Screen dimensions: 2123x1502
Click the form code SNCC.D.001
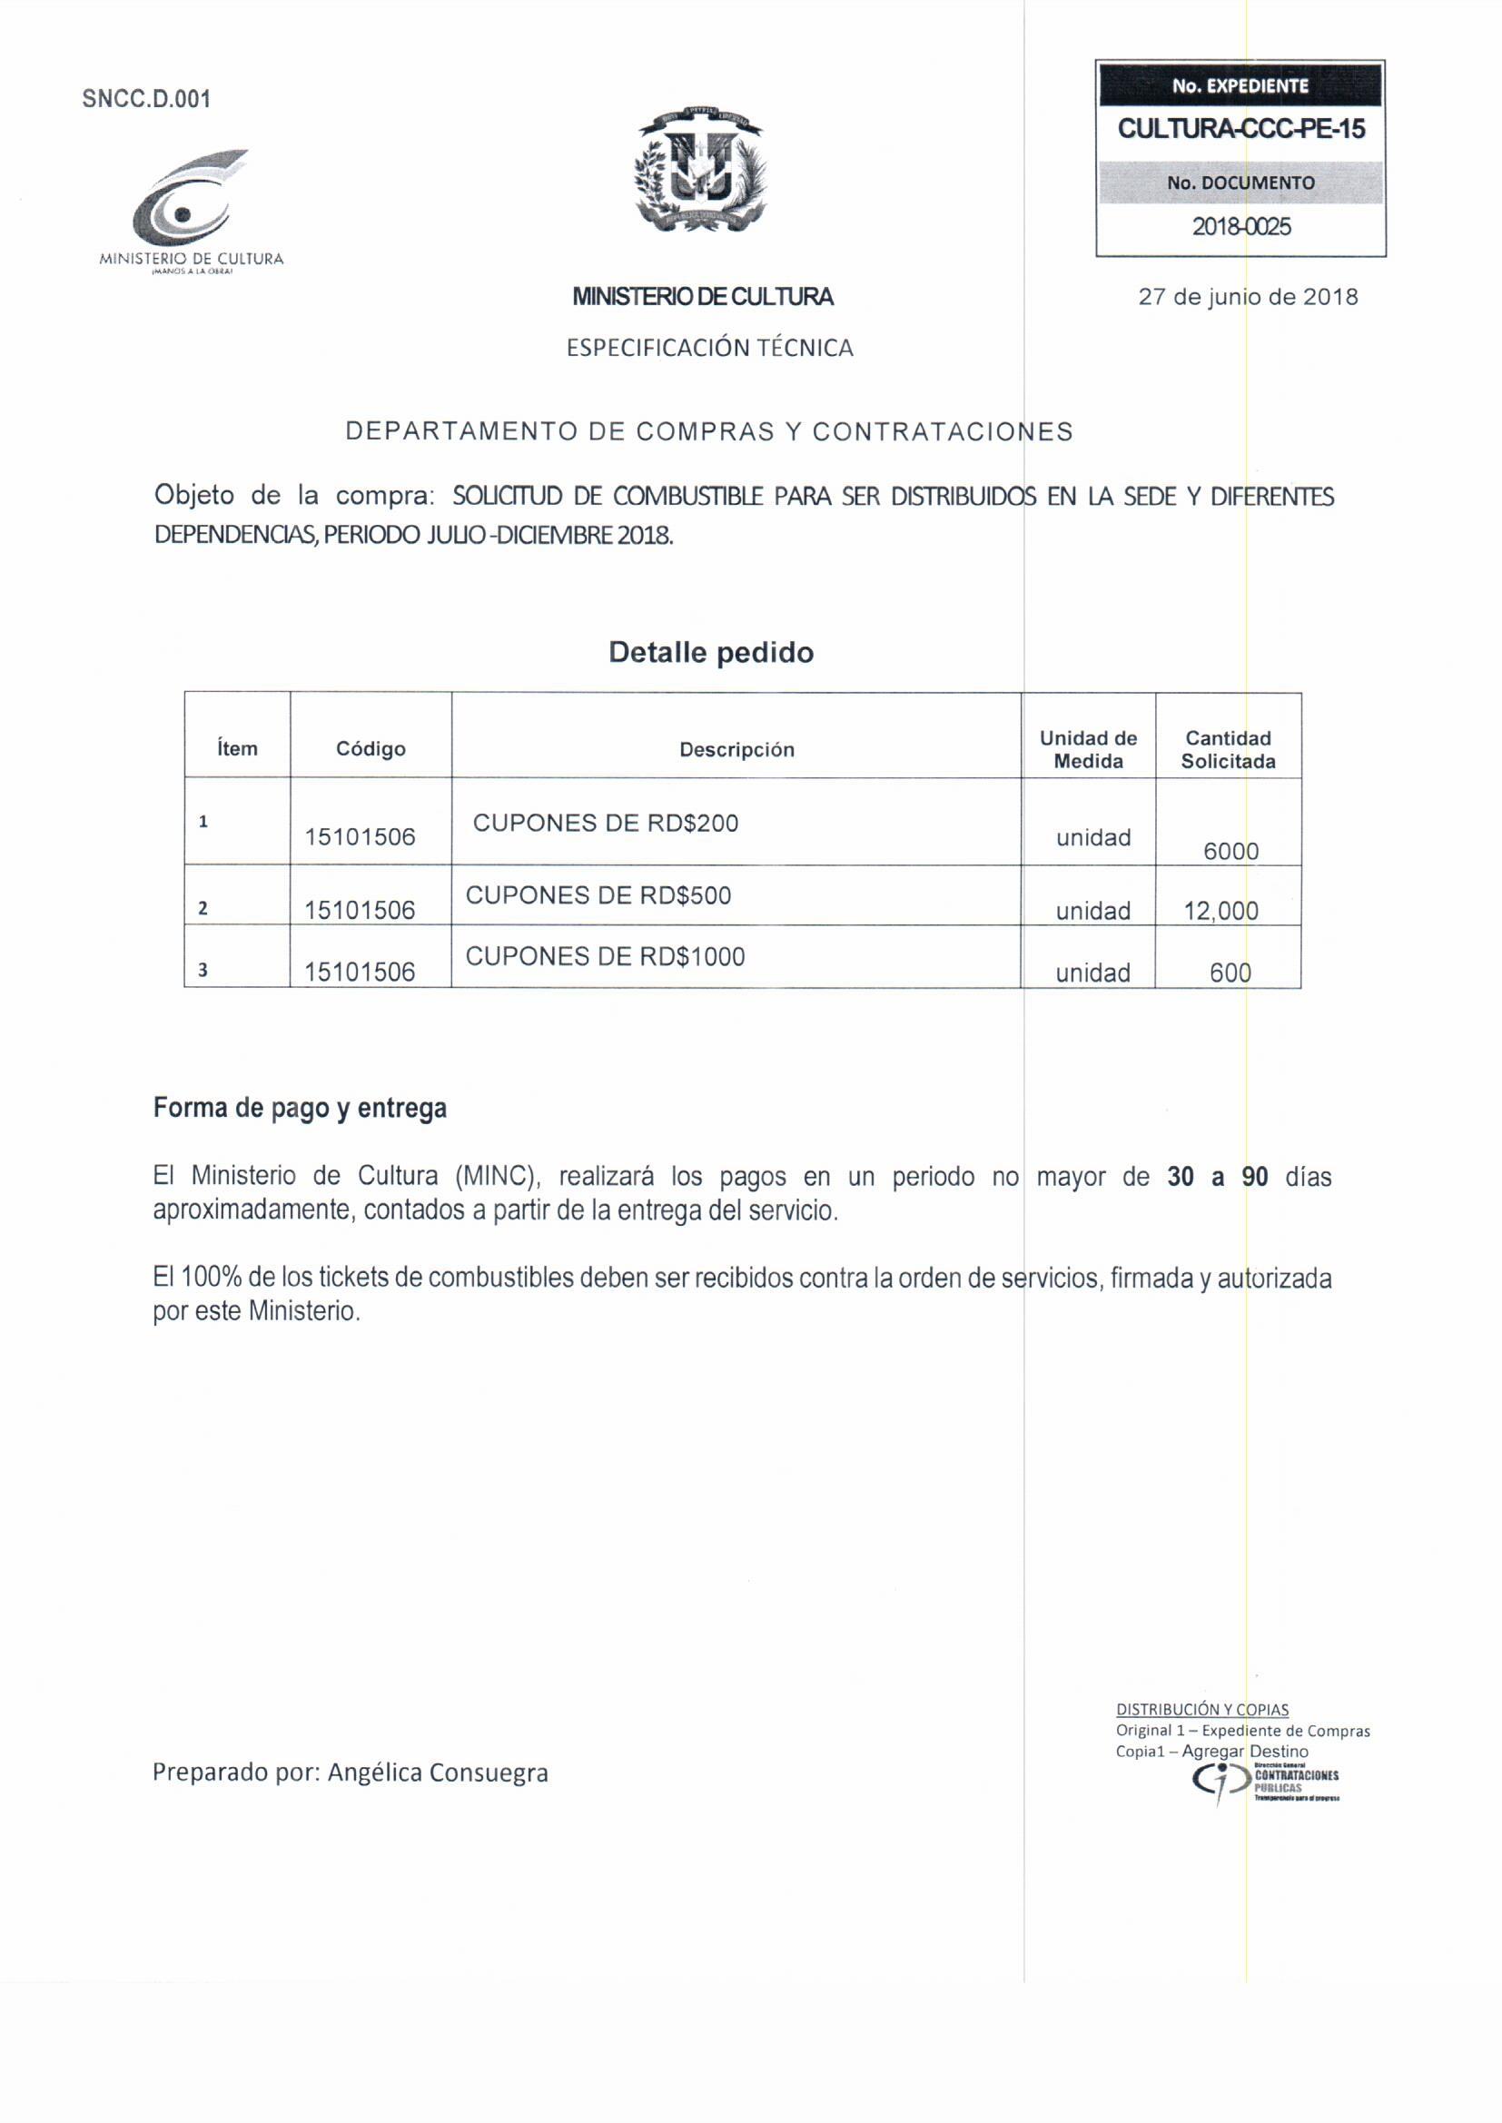click(146, 99)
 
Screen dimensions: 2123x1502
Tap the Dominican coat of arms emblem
click(700, 168)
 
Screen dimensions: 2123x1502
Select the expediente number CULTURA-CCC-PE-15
click(1240, 129)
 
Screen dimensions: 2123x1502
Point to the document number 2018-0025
click(1240, 226)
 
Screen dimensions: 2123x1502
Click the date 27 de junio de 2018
click(1248, 297)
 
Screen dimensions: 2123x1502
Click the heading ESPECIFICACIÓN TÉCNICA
click(709, 348)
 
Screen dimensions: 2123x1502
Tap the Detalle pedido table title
click(710, 653)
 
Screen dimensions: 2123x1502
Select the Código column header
click(370, 749)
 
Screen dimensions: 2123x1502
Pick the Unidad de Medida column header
click(1088, 750)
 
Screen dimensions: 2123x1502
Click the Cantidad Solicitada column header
click(1228, 750)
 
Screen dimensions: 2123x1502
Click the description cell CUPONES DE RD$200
click(605, 823)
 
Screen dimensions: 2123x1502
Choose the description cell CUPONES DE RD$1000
click(605, 956)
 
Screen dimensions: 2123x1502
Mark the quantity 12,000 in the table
click(1220, 911)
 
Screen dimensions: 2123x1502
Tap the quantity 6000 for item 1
click(1230, 851)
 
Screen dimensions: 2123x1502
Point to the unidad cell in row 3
click(1092, 973)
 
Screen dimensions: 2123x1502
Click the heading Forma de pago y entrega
click(300, 1108)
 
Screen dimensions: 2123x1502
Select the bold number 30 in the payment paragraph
click(1181, 1177)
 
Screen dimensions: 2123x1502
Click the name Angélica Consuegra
click(438, 1772)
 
